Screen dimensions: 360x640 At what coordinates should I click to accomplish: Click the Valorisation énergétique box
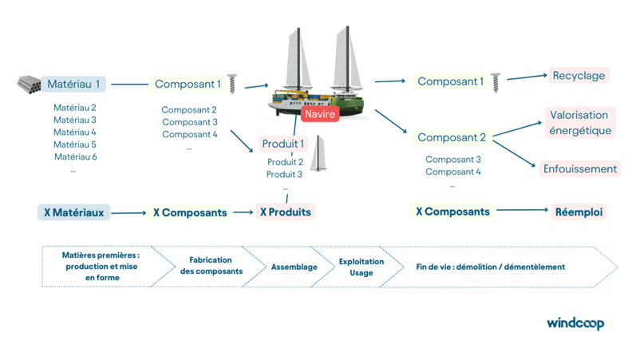tap(580, 123)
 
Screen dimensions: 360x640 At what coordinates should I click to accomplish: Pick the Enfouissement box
tap(580, 169)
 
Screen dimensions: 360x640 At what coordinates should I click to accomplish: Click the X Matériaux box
tap(73, 213)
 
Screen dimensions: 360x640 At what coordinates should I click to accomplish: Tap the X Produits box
tap(285, 213)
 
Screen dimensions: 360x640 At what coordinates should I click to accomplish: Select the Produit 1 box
tap(283, 144)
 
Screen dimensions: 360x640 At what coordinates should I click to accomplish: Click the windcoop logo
tap(575, 322)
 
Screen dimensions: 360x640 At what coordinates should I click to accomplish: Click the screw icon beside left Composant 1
tap(234, 83)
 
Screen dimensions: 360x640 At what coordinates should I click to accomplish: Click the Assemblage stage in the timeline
tap(294, 267)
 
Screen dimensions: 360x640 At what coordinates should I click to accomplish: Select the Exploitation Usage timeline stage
tap(361, 267)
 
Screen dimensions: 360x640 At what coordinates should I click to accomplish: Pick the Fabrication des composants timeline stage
tap(210, 267)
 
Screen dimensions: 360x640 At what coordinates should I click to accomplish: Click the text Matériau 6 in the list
tap(75, 157)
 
